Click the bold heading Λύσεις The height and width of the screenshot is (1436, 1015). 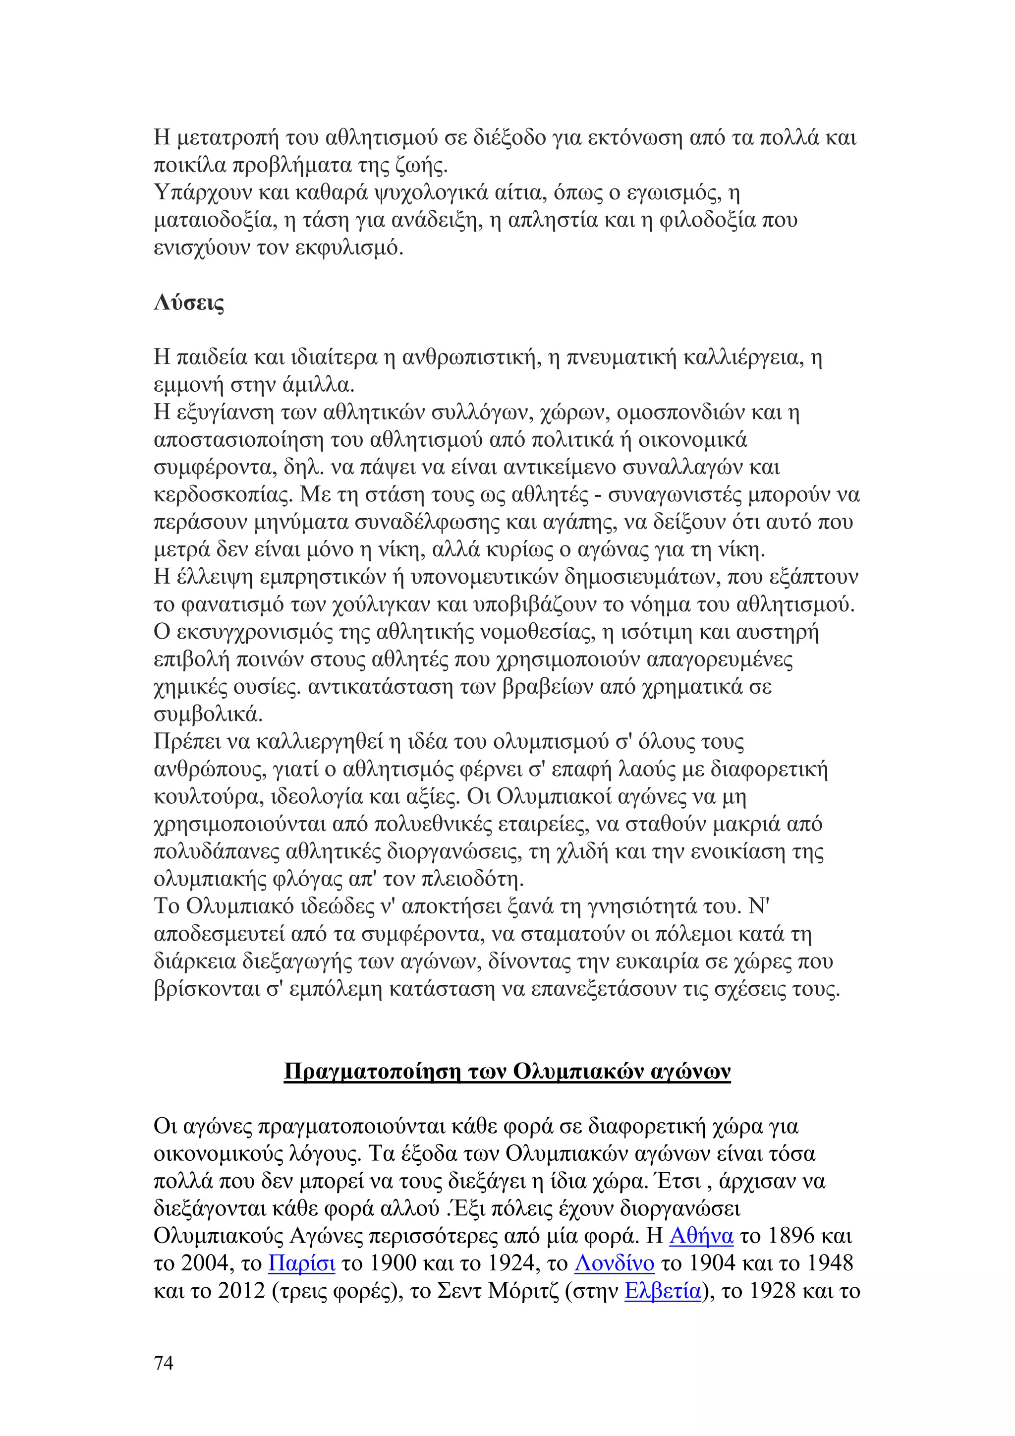[x=189, y=303]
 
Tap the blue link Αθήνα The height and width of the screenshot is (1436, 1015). [x=701, y=1236]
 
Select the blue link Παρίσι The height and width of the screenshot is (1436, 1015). [x=302, y=1263]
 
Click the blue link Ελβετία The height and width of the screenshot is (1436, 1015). [x=663, y=1291]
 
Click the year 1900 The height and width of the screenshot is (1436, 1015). [x=395, y=1263]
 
